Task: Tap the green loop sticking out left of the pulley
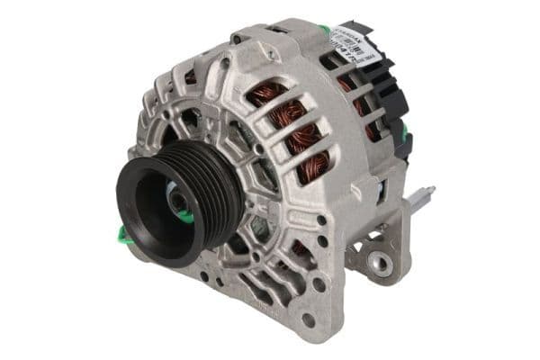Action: [x=123, y=235]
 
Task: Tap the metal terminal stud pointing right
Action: [x=423, y=194]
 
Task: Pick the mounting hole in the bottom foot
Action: [x=308, y=319]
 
